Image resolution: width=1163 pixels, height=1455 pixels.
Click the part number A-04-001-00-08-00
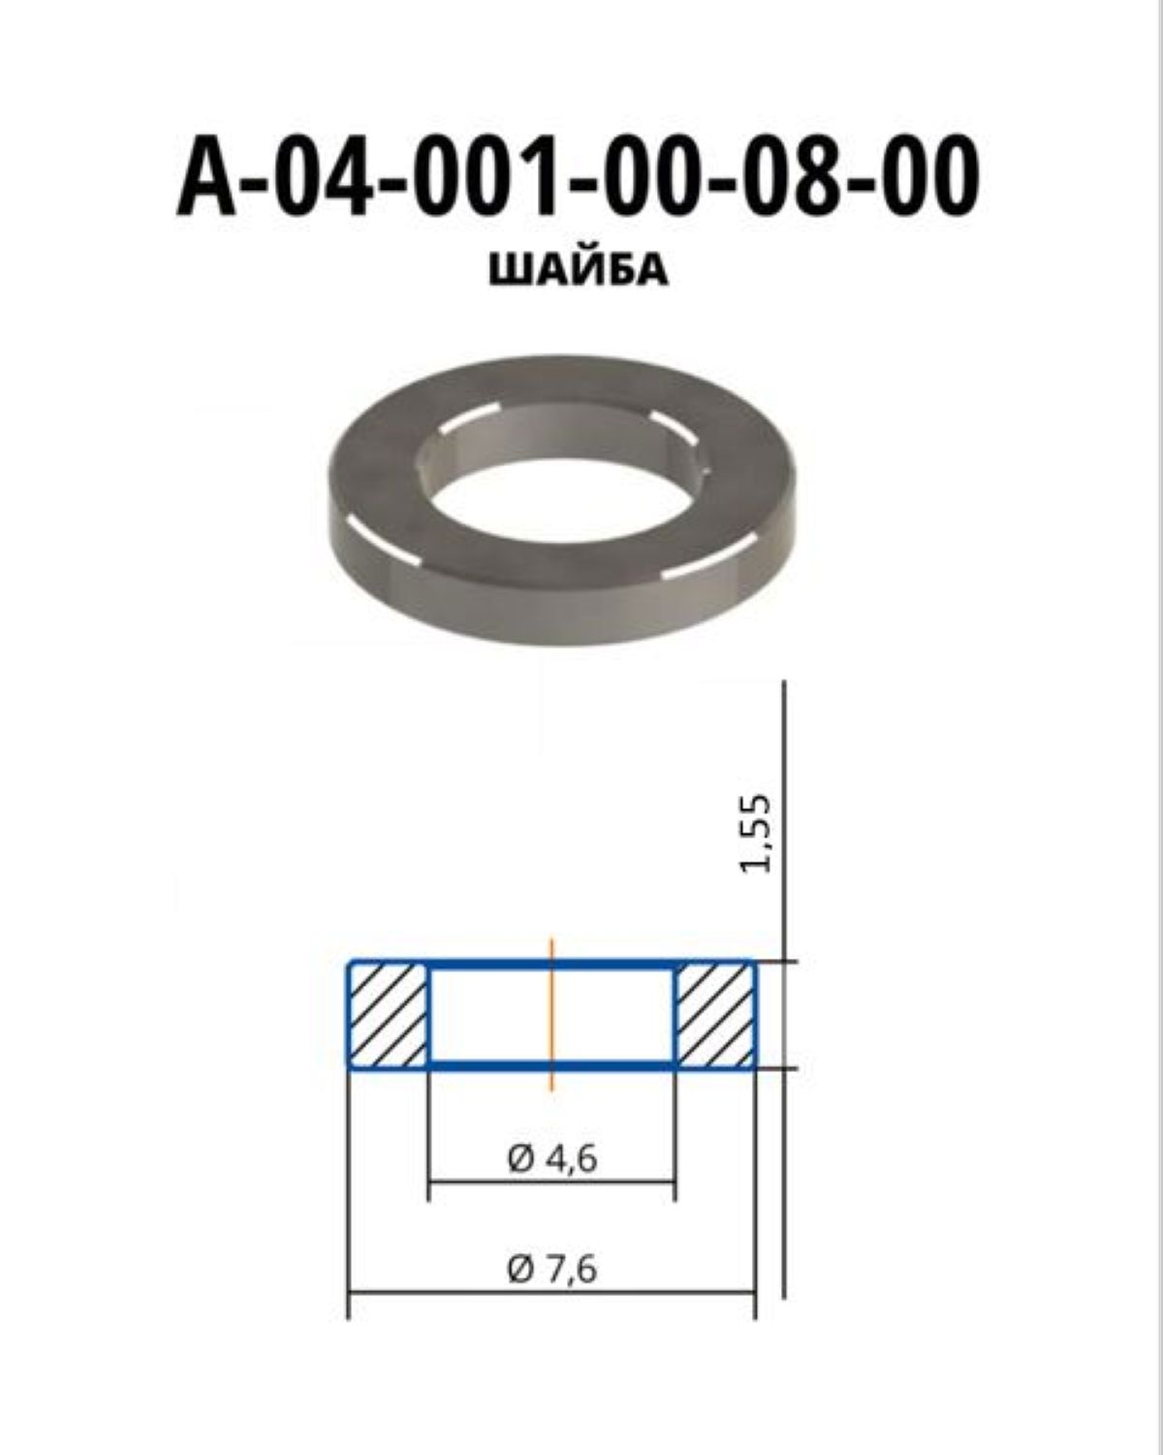point(579,176)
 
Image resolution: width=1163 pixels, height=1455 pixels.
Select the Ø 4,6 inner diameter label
point(552,1160)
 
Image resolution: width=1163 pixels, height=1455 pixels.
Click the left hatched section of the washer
point(388,1015)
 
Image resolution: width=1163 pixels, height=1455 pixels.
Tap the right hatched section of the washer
point(715,1015)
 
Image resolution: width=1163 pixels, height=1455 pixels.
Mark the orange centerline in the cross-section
point(551,1014)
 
